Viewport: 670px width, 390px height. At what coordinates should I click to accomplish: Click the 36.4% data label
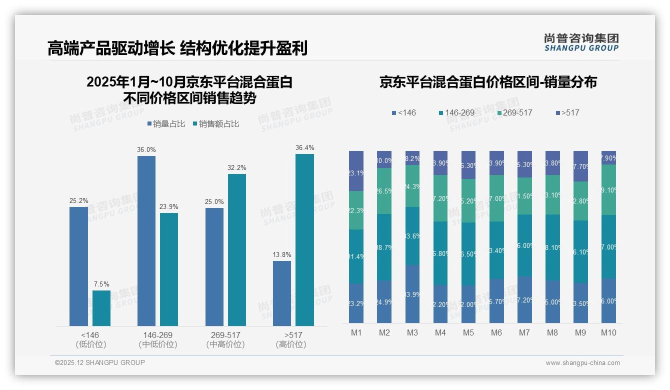point(304,148)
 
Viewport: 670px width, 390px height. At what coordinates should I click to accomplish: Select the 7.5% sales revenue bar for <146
point(101,308)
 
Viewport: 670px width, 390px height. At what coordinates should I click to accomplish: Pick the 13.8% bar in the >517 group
point(282,293)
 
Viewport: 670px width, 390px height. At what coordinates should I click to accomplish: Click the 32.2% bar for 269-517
point(237,250)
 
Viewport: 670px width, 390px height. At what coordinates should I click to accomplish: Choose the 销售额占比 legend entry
point(215,124)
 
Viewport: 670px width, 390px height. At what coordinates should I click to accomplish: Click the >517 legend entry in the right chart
point(567,112)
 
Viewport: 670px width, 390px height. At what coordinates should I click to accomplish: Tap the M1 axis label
point(356,332)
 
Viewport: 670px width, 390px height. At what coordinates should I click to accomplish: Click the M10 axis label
point(608,332)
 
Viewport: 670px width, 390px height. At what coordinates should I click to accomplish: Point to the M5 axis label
point(468,332)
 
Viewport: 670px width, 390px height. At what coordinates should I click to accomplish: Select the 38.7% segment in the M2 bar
point(384,247)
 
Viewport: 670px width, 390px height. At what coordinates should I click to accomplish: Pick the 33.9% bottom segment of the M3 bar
point(412,294)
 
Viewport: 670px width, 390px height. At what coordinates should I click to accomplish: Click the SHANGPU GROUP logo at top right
point(581,42)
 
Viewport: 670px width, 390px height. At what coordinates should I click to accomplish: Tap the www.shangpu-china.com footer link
point(582,363)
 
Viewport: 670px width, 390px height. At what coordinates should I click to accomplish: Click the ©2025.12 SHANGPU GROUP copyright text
point(100,362)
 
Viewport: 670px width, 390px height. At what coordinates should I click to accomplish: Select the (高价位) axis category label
point(290,344)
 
